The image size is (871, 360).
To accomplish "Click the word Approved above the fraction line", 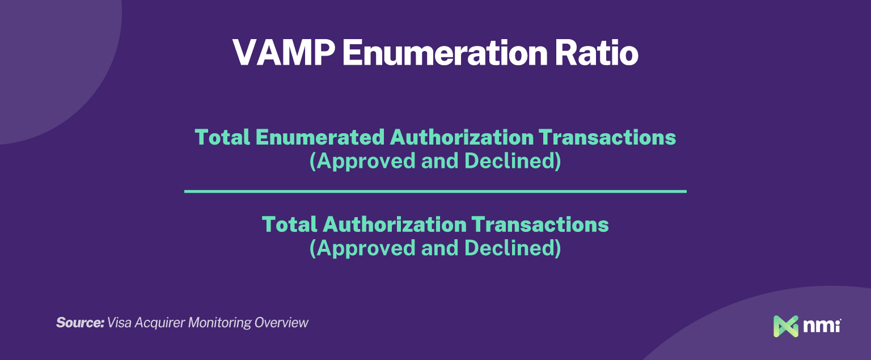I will [x=363, y=162].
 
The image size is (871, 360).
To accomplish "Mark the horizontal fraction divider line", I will [x=435, y=192].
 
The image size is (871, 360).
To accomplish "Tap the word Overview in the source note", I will [x=281, y=323].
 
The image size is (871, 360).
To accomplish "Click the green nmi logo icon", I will [x=786, y=326].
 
